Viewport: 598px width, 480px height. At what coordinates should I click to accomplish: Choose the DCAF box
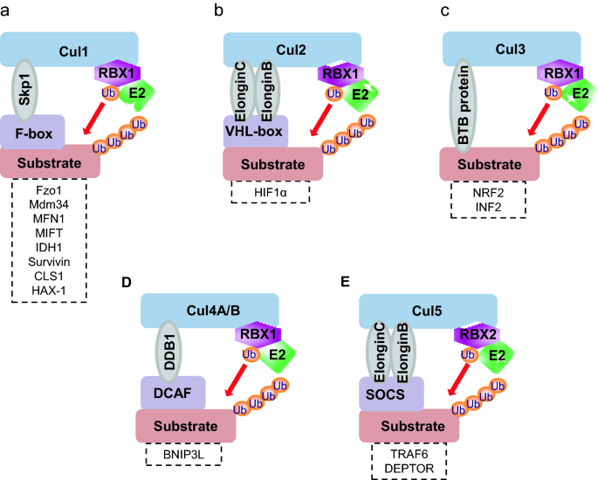173,394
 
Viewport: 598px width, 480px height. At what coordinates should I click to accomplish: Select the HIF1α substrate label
269,191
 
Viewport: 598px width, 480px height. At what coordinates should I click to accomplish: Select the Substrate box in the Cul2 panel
272,162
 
